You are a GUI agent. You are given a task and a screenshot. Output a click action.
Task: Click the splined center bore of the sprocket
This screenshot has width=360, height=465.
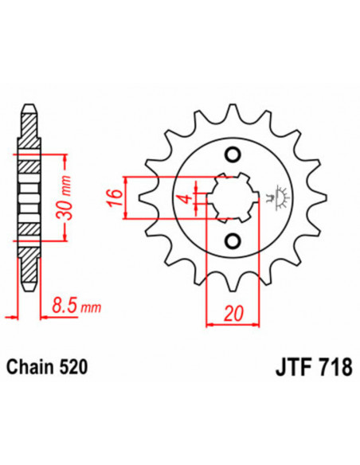click(230, 197)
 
